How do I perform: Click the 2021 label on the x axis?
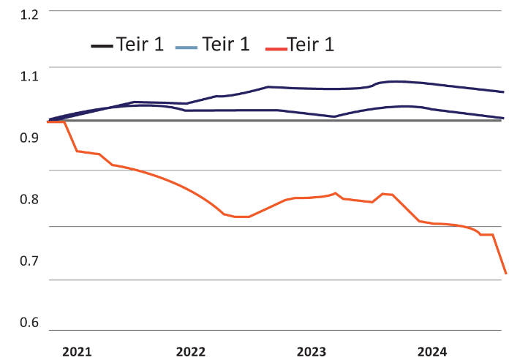click(x=77, y=351)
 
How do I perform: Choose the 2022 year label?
click(x=191, y=351)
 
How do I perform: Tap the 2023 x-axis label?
click(x=312, y=351)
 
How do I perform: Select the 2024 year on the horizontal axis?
click(x=432, y=351)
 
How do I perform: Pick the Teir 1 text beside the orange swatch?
click(x=311, y=45)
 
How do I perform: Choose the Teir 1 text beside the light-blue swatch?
click(x=225, y=45)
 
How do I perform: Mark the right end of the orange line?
click(x=505, y=274)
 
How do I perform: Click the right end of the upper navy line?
click(x=504, y=92)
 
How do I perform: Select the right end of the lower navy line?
click(x=504, y=118)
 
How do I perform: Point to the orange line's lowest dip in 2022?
click(x=243, y=217)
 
